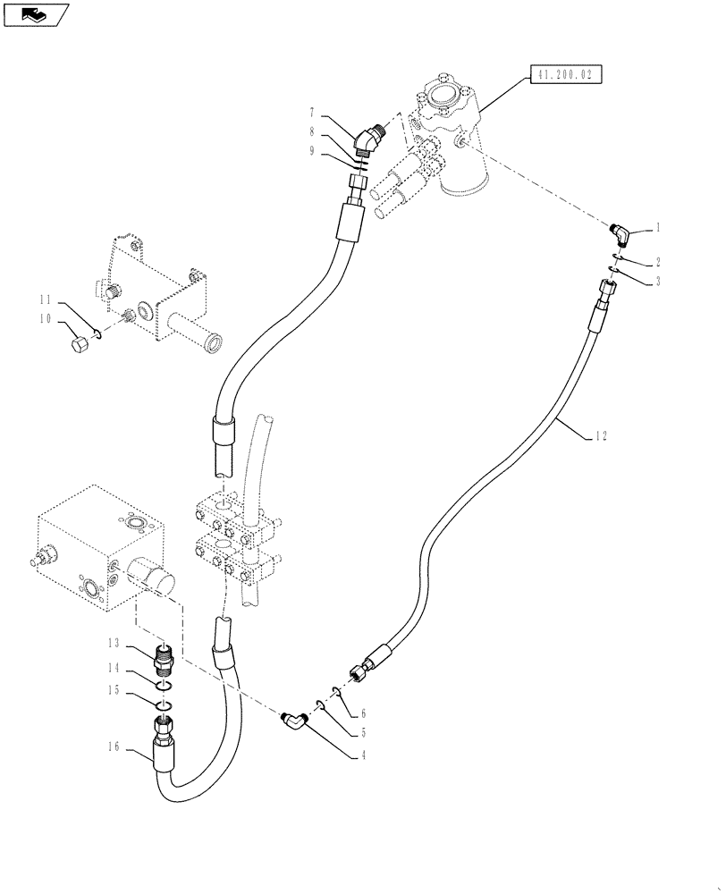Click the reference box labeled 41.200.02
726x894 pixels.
tap(566, 74)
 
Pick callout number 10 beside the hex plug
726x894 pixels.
tap(43, 319)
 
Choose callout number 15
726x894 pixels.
tap(114, 690)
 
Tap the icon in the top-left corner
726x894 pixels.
tap(34, 14)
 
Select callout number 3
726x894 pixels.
tap(658, 281)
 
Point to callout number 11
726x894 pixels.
tap(43, 299)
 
